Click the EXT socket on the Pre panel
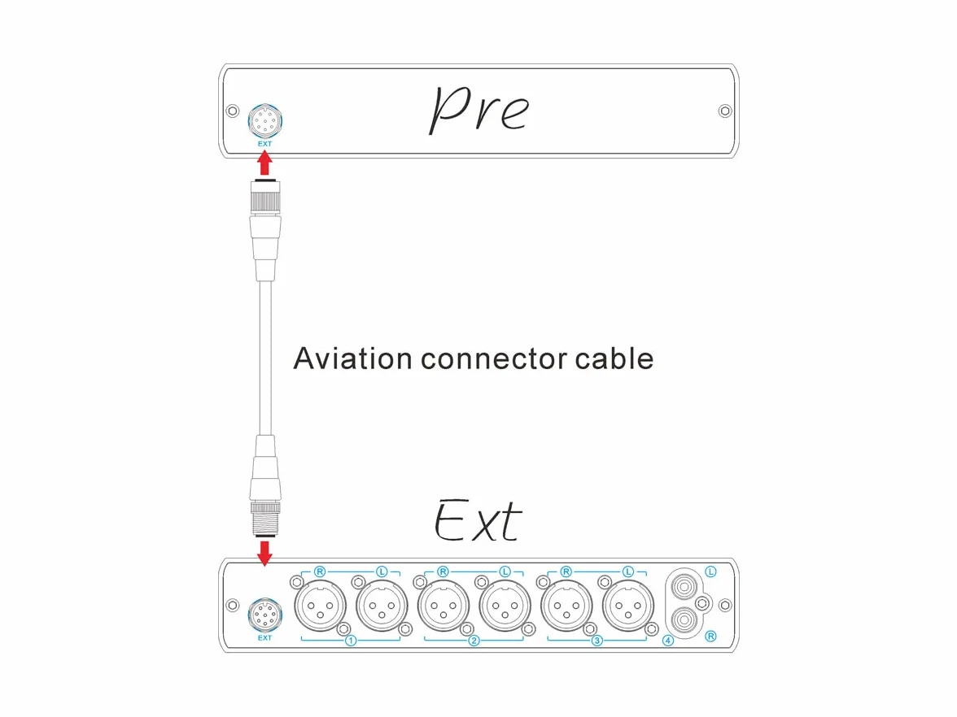point(265,121)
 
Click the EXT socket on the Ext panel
point(265,615)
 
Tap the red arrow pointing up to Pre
point(264,163)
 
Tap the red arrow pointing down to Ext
point(264,553)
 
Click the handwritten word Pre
point(479,109)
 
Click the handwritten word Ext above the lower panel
point(477,520)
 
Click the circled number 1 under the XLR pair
point(351,641)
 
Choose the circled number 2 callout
point(474,641)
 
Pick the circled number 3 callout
point(597,641)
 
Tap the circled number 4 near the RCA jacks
point(667,641)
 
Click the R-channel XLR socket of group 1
point(321,606)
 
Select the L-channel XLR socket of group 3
point(628,606)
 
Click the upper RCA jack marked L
point(684,587)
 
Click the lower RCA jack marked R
point(684,621)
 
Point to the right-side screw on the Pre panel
point(725,111)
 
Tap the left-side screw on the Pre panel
point(233,111)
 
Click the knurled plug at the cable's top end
point(265,197)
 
